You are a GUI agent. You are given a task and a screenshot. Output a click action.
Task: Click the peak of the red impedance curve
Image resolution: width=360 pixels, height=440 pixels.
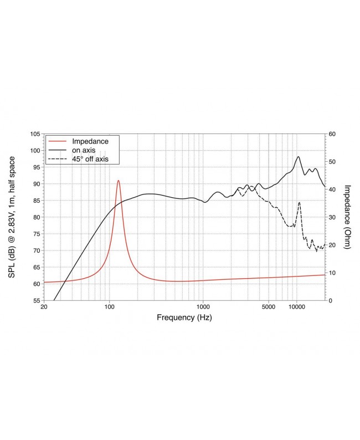(x=118, y=181)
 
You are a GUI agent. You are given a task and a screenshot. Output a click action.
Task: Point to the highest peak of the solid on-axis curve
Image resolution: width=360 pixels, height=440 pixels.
(x=298, y=156)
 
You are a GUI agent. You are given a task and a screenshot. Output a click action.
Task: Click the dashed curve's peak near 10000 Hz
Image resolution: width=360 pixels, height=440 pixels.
(x=299, y=202)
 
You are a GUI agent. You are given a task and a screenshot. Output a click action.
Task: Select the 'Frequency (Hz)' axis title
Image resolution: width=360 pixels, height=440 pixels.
(x=184, y=318)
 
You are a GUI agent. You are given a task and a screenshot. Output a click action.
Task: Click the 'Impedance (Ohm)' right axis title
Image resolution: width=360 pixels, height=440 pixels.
(x=347, y=217)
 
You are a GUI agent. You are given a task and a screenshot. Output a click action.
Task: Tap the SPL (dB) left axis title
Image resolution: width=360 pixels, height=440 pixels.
(x=12, y=217)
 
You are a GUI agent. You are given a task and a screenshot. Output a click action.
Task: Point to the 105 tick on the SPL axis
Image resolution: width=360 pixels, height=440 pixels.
(x=34, y=134)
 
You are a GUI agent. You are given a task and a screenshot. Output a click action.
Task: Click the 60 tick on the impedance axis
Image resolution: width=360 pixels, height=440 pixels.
(x=333, y=134)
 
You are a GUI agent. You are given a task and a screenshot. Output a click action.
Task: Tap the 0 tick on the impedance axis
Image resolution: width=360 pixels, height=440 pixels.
(x=331, y=300)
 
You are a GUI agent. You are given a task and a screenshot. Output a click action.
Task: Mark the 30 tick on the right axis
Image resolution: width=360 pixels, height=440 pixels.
(x=333, y=217)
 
